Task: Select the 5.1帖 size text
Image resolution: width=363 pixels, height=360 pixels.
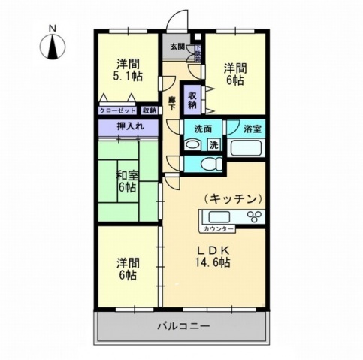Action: (x=126, y=75)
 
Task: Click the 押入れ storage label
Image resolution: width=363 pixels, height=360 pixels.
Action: (x=127, y=128)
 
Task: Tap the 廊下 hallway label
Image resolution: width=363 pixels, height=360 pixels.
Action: (x=171, y=103)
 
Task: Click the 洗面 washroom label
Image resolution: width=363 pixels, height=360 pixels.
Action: (x=203, y=128)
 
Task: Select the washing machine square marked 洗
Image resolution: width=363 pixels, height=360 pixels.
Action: (x=214, y=144)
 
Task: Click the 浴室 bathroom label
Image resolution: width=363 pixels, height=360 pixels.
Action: (x=253, y=128)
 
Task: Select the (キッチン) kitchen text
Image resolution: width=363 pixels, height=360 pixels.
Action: (x=232, y=198)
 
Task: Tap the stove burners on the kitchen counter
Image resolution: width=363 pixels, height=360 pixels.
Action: (x=254, y=218)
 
